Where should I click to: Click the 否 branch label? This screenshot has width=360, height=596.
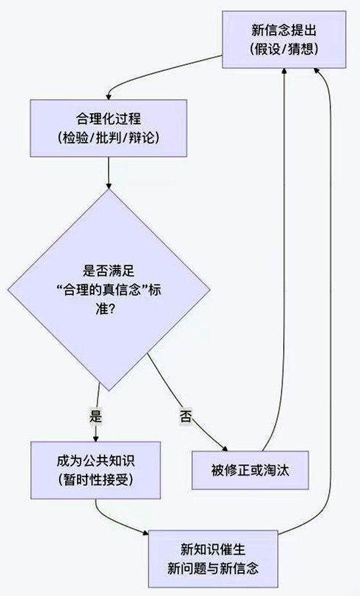point(185,416)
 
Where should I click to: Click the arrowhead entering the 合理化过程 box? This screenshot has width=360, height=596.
point(109,95)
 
